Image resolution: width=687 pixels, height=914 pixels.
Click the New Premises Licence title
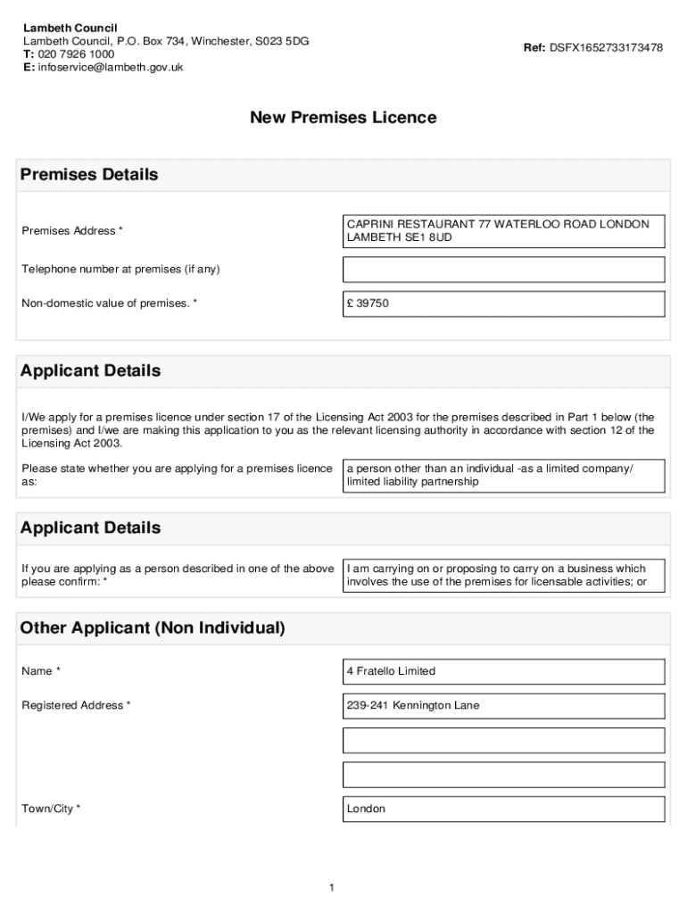click(x=343, y=118)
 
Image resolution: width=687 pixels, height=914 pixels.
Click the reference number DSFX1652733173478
click(x=606, y=48)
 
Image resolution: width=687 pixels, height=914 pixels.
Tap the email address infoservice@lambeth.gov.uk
click(x=110, y=67)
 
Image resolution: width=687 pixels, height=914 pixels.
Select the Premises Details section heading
click(x=89, y=175)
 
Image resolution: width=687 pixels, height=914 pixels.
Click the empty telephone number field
click(x=503, y=270)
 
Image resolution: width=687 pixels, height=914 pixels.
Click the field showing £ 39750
click(x=503, y=303)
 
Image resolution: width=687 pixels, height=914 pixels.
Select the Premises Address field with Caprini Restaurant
click(x=503, y=231)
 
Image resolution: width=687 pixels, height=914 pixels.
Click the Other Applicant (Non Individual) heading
click(x=153, y=628)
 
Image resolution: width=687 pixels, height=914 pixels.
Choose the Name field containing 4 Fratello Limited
click(x=503, y=671)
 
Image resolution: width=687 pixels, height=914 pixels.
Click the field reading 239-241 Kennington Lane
click(x=503, y=705)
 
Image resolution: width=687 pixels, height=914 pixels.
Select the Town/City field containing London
click(x=503, y=809)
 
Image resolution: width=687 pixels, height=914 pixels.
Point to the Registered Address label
click(x=76, y=705)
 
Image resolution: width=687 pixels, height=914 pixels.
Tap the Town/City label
click(x=51, y=809)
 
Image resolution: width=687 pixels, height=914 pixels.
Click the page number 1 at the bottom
click(x=331, y=887)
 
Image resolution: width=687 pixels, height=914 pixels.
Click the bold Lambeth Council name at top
click(x=70, y=29)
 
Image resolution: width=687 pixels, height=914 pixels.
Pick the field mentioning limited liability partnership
click(x=503, y=476)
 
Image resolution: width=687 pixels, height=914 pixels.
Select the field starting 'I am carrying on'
click(x=503, y=576)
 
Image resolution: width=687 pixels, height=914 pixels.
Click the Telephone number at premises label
click(x=120, y=270)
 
